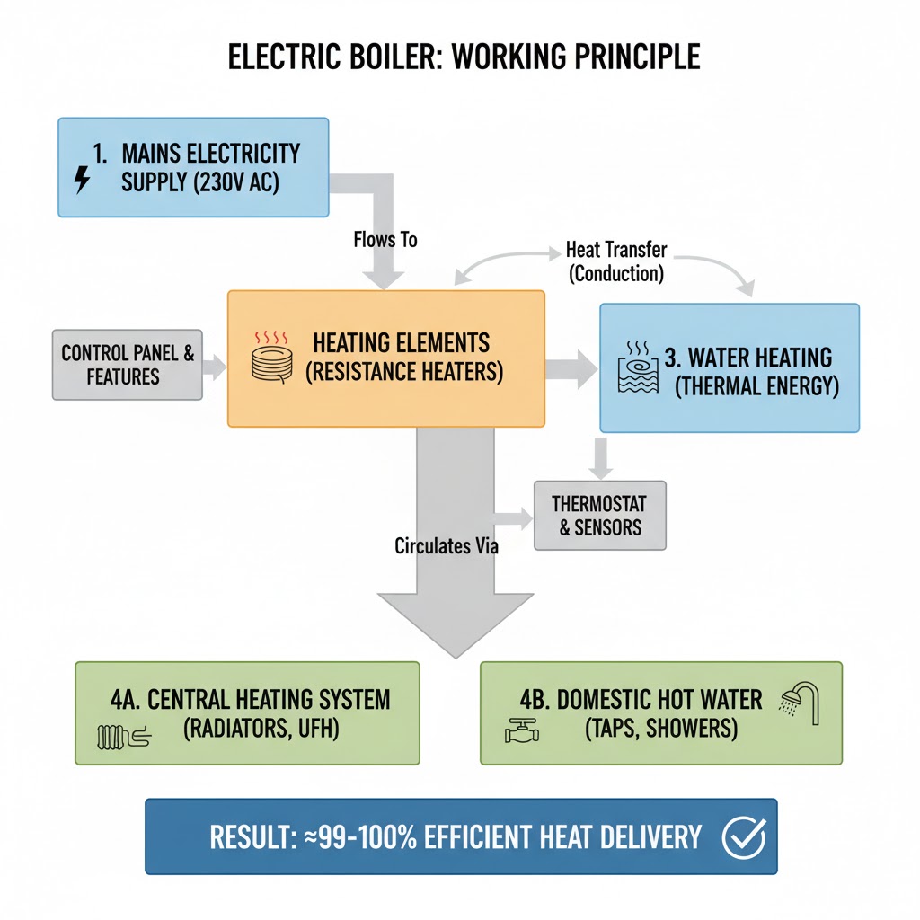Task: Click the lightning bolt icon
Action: (x=82, y=181)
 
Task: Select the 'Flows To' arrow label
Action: (x=385, y=241)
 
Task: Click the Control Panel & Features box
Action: (x=127, y=364)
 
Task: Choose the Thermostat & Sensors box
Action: (x=599, y=515)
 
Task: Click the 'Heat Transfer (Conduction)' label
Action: (x=616, y=261)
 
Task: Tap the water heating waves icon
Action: (x=639, y=369)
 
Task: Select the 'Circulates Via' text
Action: (x=447, y=545)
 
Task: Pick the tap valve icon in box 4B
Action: (x=520, y=732)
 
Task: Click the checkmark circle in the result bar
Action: (x=743, y=837)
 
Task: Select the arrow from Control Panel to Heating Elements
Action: (x=215, y=365)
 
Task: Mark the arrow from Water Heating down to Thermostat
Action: (x=602, y=457)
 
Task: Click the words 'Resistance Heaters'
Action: (x=404, y=371)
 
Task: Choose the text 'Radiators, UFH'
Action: (x=261, y=728)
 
